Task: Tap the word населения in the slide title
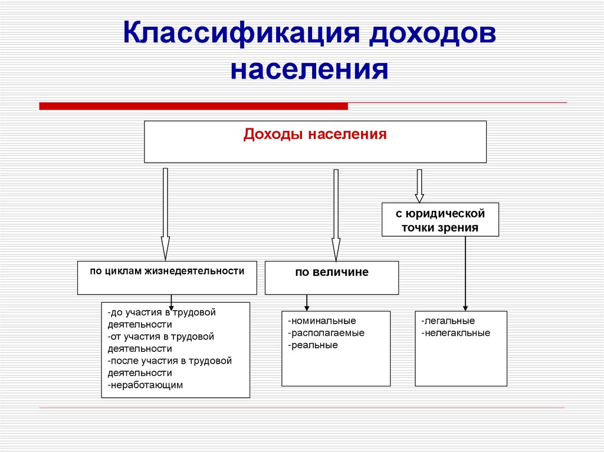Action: tap(309, 69)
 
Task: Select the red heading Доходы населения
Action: tap(315, 135)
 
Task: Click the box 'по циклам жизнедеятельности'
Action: tap(167, 277)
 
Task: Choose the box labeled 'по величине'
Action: tap(331, 278)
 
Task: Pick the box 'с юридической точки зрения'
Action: tap(440, 220)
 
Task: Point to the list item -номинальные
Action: tap(322, 321)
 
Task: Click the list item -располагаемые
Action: tap(326, 333)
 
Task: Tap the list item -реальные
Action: tap(313, 345)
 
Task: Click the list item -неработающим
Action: tap(146, 385)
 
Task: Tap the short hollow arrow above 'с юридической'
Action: tap(419, 186)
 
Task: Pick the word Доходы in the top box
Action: tap(266, 135)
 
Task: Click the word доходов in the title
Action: tap(433, 34)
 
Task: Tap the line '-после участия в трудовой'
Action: tap(170, 361)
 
